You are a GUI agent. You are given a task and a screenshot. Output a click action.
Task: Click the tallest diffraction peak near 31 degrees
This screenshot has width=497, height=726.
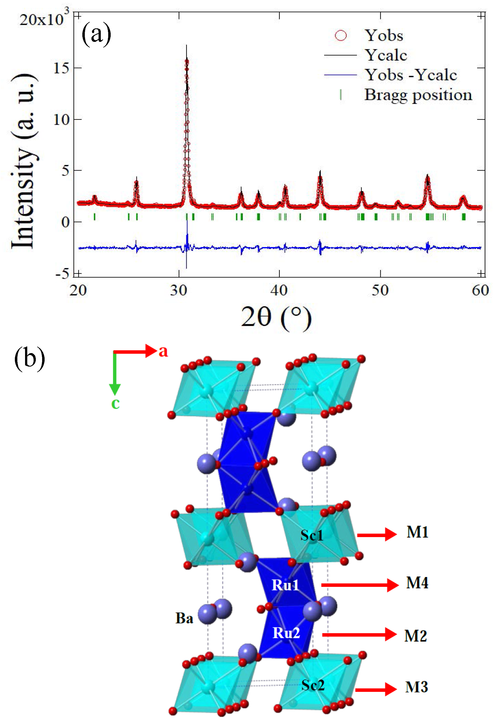[186, 63]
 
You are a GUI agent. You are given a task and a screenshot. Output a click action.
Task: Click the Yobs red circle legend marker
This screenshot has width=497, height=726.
[341, 35]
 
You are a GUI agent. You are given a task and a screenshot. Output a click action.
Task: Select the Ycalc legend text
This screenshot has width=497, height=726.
[386, 55]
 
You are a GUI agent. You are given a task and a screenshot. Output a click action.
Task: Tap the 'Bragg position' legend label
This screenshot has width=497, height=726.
[418, 95]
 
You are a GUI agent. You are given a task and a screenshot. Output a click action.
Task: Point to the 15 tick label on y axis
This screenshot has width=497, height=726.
[61, 68]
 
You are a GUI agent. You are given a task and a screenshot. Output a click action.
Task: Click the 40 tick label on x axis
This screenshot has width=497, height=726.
[279, 291]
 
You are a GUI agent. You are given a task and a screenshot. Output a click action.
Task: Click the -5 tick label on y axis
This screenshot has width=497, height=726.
[62, 274]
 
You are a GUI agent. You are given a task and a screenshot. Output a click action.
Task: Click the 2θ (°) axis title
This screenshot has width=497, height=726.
[276, 317]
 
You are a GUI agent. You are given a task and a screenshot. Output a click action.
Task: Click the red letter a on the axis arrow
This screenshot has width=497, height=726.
[163, 351]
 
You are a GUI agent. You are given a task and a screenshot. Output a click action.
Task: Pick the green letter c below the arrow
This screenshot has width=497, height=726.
[116, 403]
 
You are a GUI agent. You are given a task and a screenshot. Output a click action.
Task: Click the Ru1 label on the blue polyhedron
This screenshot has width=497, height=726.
[285, 585]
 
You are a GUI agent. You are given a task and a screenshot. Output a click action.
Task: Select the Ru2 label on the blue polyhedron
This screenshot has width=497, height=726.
[286, 633]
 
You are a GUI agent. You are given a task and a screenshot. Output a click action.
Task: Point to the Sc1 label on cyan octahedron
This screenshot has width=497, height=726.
[312, 535]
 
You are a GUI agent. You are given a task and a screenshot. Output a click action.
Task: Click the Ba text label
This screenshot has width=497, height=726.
[184, 618]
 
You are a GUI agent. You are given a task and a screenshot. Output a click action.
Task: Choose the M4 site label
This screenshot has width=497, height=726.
[417, 583]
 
